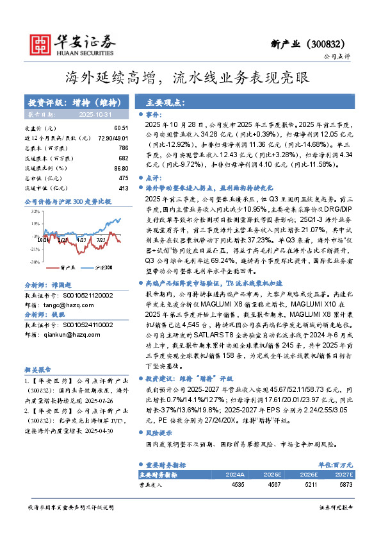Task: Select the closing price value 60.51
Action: click(x=121, y=128)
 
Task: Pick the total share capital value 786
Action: click(x=124, y=148)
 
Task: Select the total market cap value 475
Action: click(x=124, y=178)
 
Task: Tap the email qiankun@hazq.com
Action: click(x=81, y=333)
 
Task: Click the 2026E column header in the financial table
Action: click(x=314, y=474)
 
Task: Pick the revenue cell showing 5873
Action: click(x=346, y=485)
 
